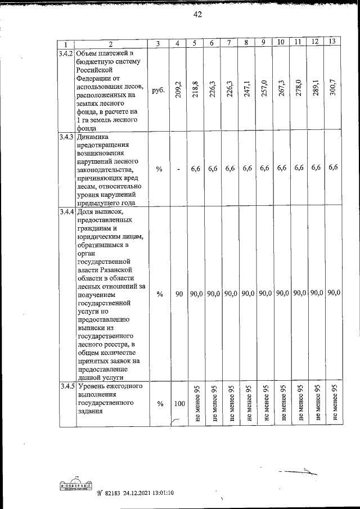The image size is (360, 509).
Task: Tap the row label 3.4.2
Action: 65,53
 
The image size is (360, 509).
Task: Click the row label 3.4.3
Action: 65,137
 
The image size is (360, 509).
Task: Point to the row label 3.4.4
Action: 65,212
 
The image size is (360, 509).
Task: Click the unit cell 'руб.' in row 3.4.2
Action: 159,89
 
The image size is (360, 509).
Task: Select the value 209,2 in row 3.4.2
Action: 178,90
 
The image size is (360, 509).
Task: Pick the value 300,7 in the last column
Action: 334,90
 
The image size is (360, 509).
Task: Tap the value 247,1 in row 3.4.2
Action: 246,90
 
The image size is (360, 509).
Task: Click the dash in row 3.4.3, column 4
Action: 178,169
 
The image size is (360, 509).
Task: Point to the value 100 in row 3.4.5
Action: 179,404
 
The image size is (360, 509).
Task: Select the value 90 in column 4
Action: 178,293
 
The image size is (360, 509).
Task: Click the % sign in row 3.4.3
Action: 159,169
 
